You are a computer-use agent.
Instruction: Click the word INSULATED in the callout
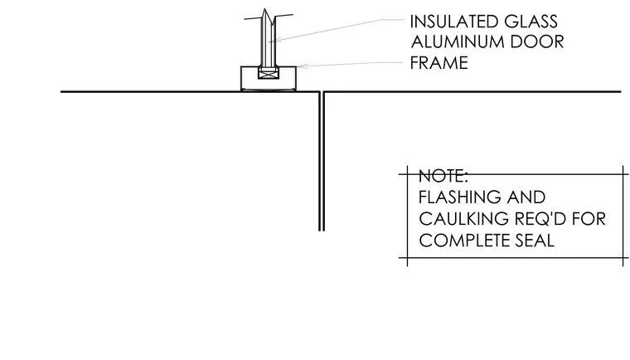coord(454,22)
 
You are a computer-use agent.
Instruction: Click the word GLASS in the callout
coord(531,22)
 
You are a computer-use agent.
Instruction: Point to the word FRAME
coord(439,63)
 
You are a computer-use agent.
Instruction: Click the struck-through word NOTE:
coord(443,176)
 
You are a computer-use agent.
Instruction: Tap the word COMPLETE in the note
coord(458,241)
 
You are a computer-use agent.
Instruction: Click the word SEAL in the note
coord(529,241)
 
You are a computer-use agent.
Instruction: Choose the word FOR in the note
coord(589,219)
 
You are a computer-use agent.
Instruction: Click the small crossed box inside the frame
coord(268,73)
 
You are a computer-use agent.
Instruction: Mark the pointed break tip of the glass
coord(264,9)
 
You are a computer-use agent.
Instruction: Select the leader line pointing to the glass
coord(337,30)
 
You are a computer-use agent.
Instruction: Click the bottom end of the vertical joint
coord(322,231)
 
